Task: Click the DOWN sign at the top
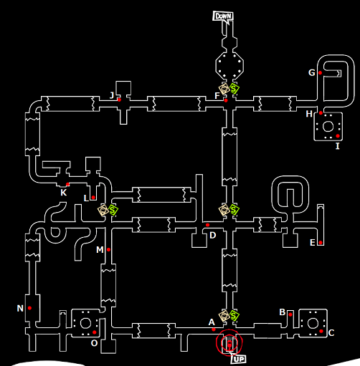pos(223,16)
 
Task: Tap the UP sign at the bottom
pos(238,359)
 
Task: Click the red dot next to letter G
pos(321,73)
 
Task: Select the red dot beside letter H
pos(321,113)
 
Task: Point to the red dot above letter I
pos(338,136)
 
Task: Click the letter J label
pos(112,95)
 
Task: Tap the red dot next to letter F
pos(226,100)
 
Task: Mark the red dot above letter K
pos(67,184)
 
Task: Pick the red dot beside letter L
pos(93,198)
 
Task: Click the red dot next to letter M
pos(108,250)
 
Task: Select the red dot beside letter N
pos(29,308)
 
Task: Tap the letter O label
pos(94,343)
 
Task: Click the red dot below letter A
pos(214,329)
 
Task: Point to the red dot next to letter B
pos(290,314)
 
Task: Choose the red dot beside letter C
pos(321,331)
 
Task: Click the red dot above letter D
pos(207,225)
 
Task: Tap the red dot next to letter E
pos(321,243)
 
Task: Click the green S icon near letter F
pos(235,89)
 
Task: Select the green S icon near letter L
pos(113,210)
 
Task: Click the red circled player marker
pos(229,342)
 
